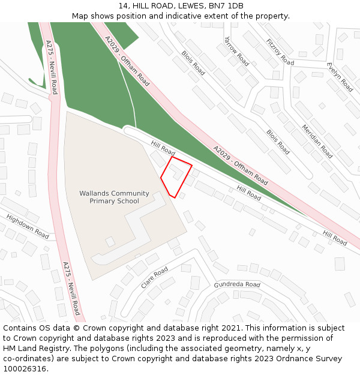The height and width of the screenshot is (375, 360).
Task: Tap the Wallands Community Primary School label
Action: [x=114, y=197]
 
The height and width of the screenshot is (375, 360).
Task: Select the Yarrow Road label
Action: [x=236, y=51]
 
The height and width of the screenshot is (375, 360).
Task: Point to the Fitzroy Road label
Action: [x=280, y=52]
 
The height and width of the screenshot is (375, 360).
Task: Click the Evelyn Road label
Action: [x=340, y=76]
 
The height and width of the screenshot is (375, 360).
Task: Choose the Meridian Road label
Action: [x=317, y=141]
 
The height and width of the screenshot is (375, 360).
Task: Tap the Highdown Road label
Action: [x=28, y=226]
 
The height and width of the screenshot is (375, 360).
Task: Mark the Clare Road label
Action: [x=154, y=278]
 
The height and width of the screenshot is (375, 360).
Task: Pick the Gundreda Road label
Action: [x=237, y=284]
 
